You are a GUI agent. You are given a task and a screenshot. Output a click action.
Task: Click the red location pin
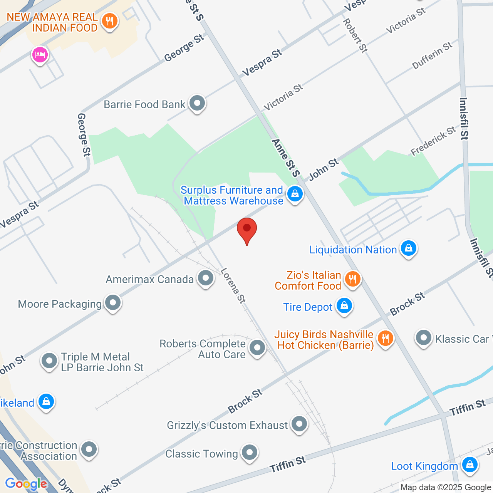point(247,230)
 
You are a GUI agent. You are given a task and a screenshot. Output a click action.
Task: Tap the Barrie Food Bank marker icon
point(198,103)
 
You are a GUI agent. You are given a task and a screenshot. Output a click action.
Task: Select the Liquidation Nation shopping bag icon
point(408,248)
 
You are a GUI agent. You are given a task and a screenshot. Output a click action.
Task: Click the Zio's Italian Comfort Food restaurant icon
point(352,279)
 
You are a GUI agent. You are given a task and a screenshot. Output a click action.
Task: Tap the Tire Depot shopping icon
point(344,306)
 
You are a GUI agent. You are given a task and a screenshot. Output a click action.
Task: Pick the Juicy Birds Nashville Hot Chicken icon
point(385,339)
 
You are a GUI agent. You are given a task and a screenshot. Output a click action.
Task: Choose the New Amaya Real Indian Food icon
point(110,21)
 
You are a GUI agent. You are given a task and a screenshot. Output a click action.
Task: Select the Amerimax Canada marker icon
point(205,278)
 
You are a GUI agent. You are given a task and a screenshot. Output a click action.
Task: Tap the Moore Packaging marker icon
point(113,303)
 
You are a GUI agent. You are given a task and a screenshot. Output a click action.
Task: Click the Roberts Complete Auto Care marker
point(257,348)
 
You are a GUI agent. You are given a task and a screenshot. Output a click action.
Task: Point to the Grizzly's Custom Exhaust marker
point(299,424)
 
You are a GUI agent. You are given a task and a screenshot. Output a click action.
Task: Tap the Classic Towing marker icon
point(250,452)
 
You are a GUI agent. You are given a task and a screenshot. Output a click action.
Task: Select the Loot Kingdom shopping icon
point(470,464)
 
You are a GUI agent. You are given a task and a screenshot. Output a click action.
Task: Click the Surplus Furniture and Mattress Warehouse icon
point(295,194)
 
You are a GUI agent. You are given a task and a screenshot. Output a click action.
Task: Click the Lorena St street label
point(233,286)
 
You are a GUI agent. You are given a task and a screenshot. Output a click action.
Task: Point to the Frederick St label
point(433,141)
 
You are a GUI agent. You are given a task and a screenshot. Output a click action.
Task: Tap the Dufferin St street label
point(432,56)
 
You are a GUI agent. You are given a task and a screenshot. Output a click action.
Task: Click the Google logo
point(26,484)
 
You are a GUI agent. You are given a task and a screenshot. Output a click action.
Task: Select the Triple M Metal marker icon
point(49,361)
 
